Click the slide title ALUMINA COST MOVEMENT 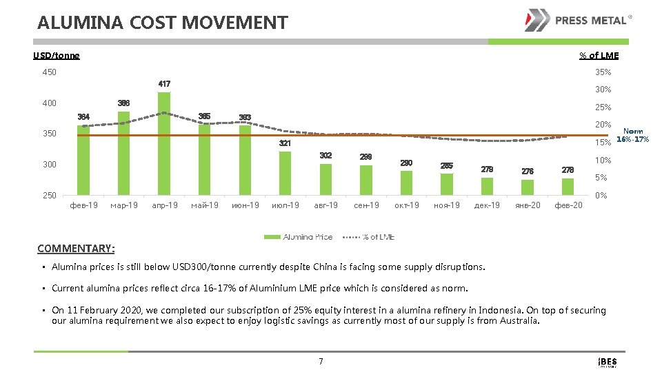[x=163, y=23]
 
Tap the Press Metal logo [x=577, y=21]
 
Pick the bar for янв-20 [x=528, y=187]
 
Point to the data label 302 [x=325, y=156]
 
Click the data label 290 [x=407, y=163]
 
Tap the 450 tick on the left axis [x=48, y=72]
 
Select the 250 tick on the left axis [x=48, y=196]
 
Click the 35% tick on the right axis [x=603, y=72]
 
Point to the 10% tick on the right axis [x=603, y=161]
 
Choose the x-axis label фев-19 [x=83, y=205]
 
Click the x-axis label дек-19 [x=488, y=205]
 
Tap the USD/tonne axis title [x=57, y=56]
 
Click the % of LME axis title [x=599, y=56]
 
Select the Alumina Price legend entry [x=299, y=237]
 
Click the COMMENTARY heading [x=76, y=248]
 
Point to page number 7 [x=321, y=361]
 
